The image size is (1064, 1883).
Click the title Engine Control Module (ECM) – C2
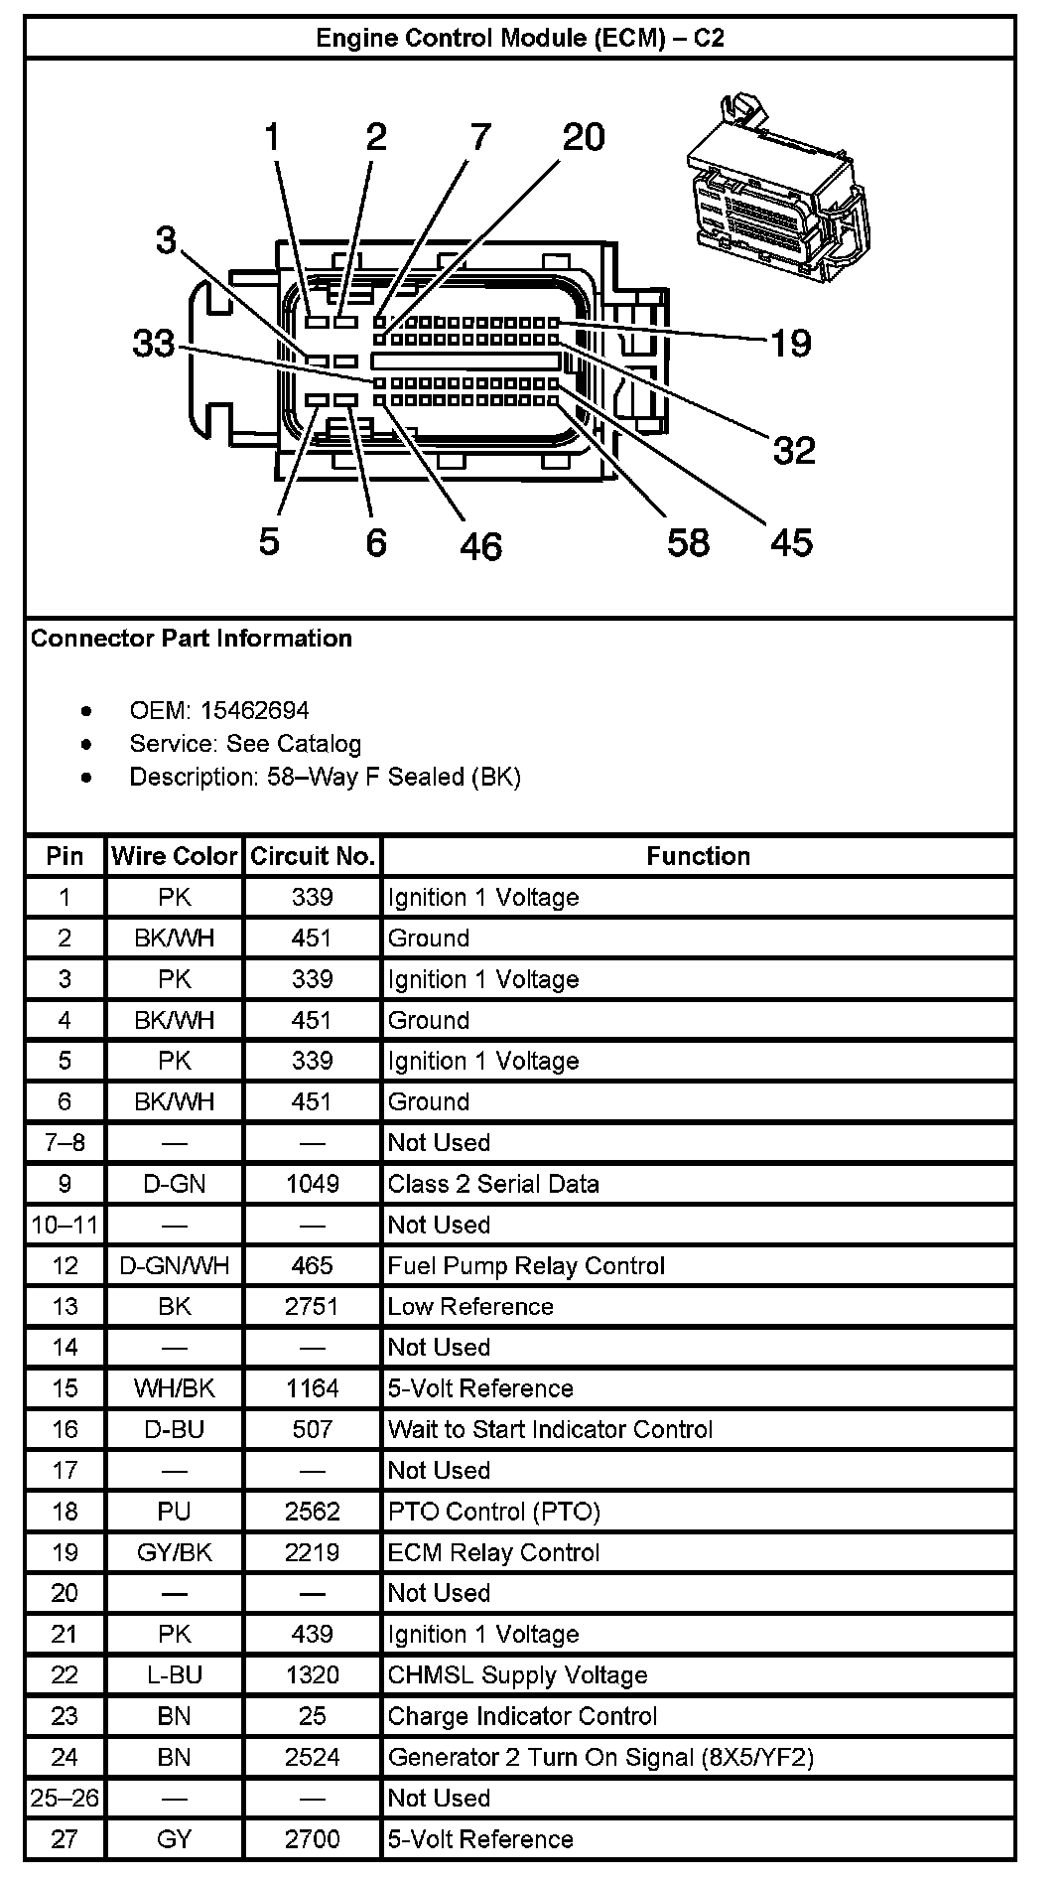[519, 38]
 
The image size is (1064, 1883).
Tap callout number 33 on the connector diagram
[154, 344]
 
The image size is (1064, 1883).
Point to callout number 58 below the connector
[688, 542]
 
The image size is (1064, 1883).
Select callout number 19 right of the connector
[791, 344]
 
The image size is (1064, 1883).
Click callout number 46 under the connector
[480, 546]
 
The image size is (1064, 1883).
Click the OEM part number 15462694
[255, 711]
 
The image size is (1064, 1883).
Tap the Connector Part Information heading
[192, 639]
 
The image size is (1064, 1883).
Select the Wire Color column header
[175, 856]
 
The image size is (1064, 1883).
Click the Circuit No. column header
[313, 856]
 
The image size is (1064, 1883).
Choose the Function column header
[698, 856]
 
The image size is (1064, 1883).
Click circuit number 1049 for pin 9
[313, 1184]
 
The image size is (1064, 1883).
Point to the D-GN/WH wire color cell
[175, 1266]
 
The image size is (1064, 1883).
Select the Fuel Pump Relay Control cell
[526, 1266]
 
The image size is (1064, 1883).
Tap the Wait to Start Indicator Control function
[550, 1430]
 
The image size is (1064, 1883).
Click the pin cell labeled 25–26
[65, 1799]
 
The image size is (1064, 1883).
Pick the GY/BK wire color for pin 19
[175, 1553]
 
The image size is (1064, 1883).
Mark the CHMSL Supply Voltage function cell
[517, 1675]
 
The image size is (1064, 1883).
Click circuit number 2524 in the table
[313, 1758]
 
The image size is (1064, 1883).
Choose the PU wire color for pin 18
[175, 1512]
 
